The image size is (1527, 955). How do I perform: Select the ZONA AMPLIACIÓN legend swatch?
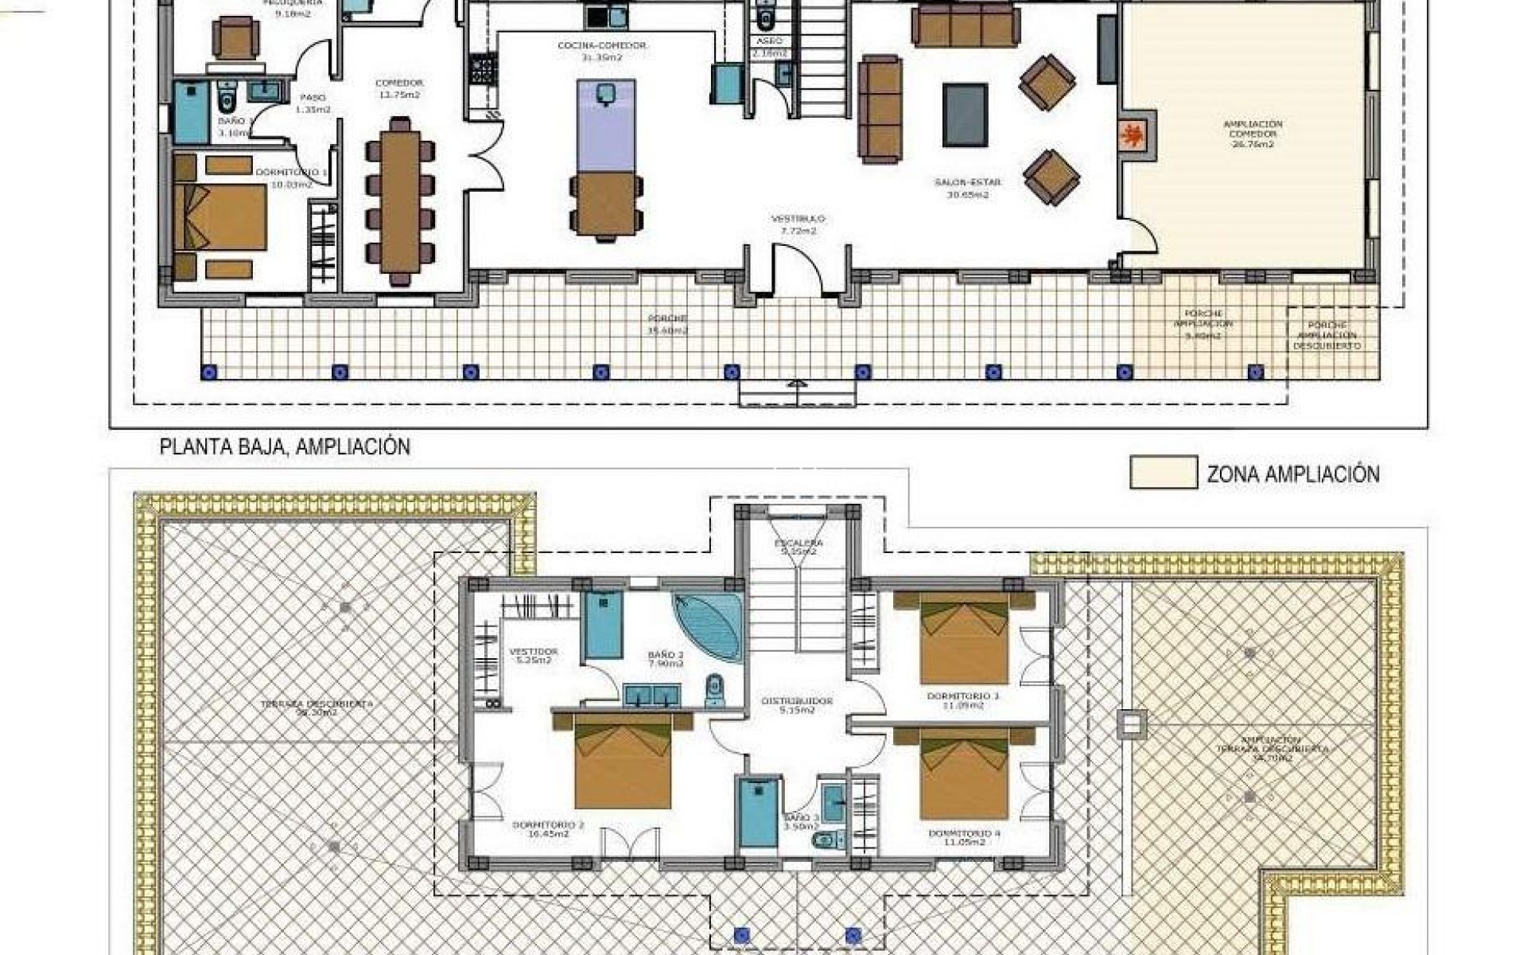tap(1163, 472)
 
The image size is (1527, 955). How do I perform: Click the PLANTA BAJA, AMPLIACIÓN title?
tap(285, 447)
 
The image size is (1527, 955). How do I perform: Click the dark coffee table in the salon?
tap(965, 115)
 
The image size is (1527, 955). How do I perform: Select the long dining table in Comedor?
tap(400, 201)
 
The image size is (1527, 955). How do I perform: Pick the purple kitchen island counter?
tap(606, 125)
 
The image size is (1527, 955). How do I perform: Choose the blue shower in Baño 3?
tap(757, 813)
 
